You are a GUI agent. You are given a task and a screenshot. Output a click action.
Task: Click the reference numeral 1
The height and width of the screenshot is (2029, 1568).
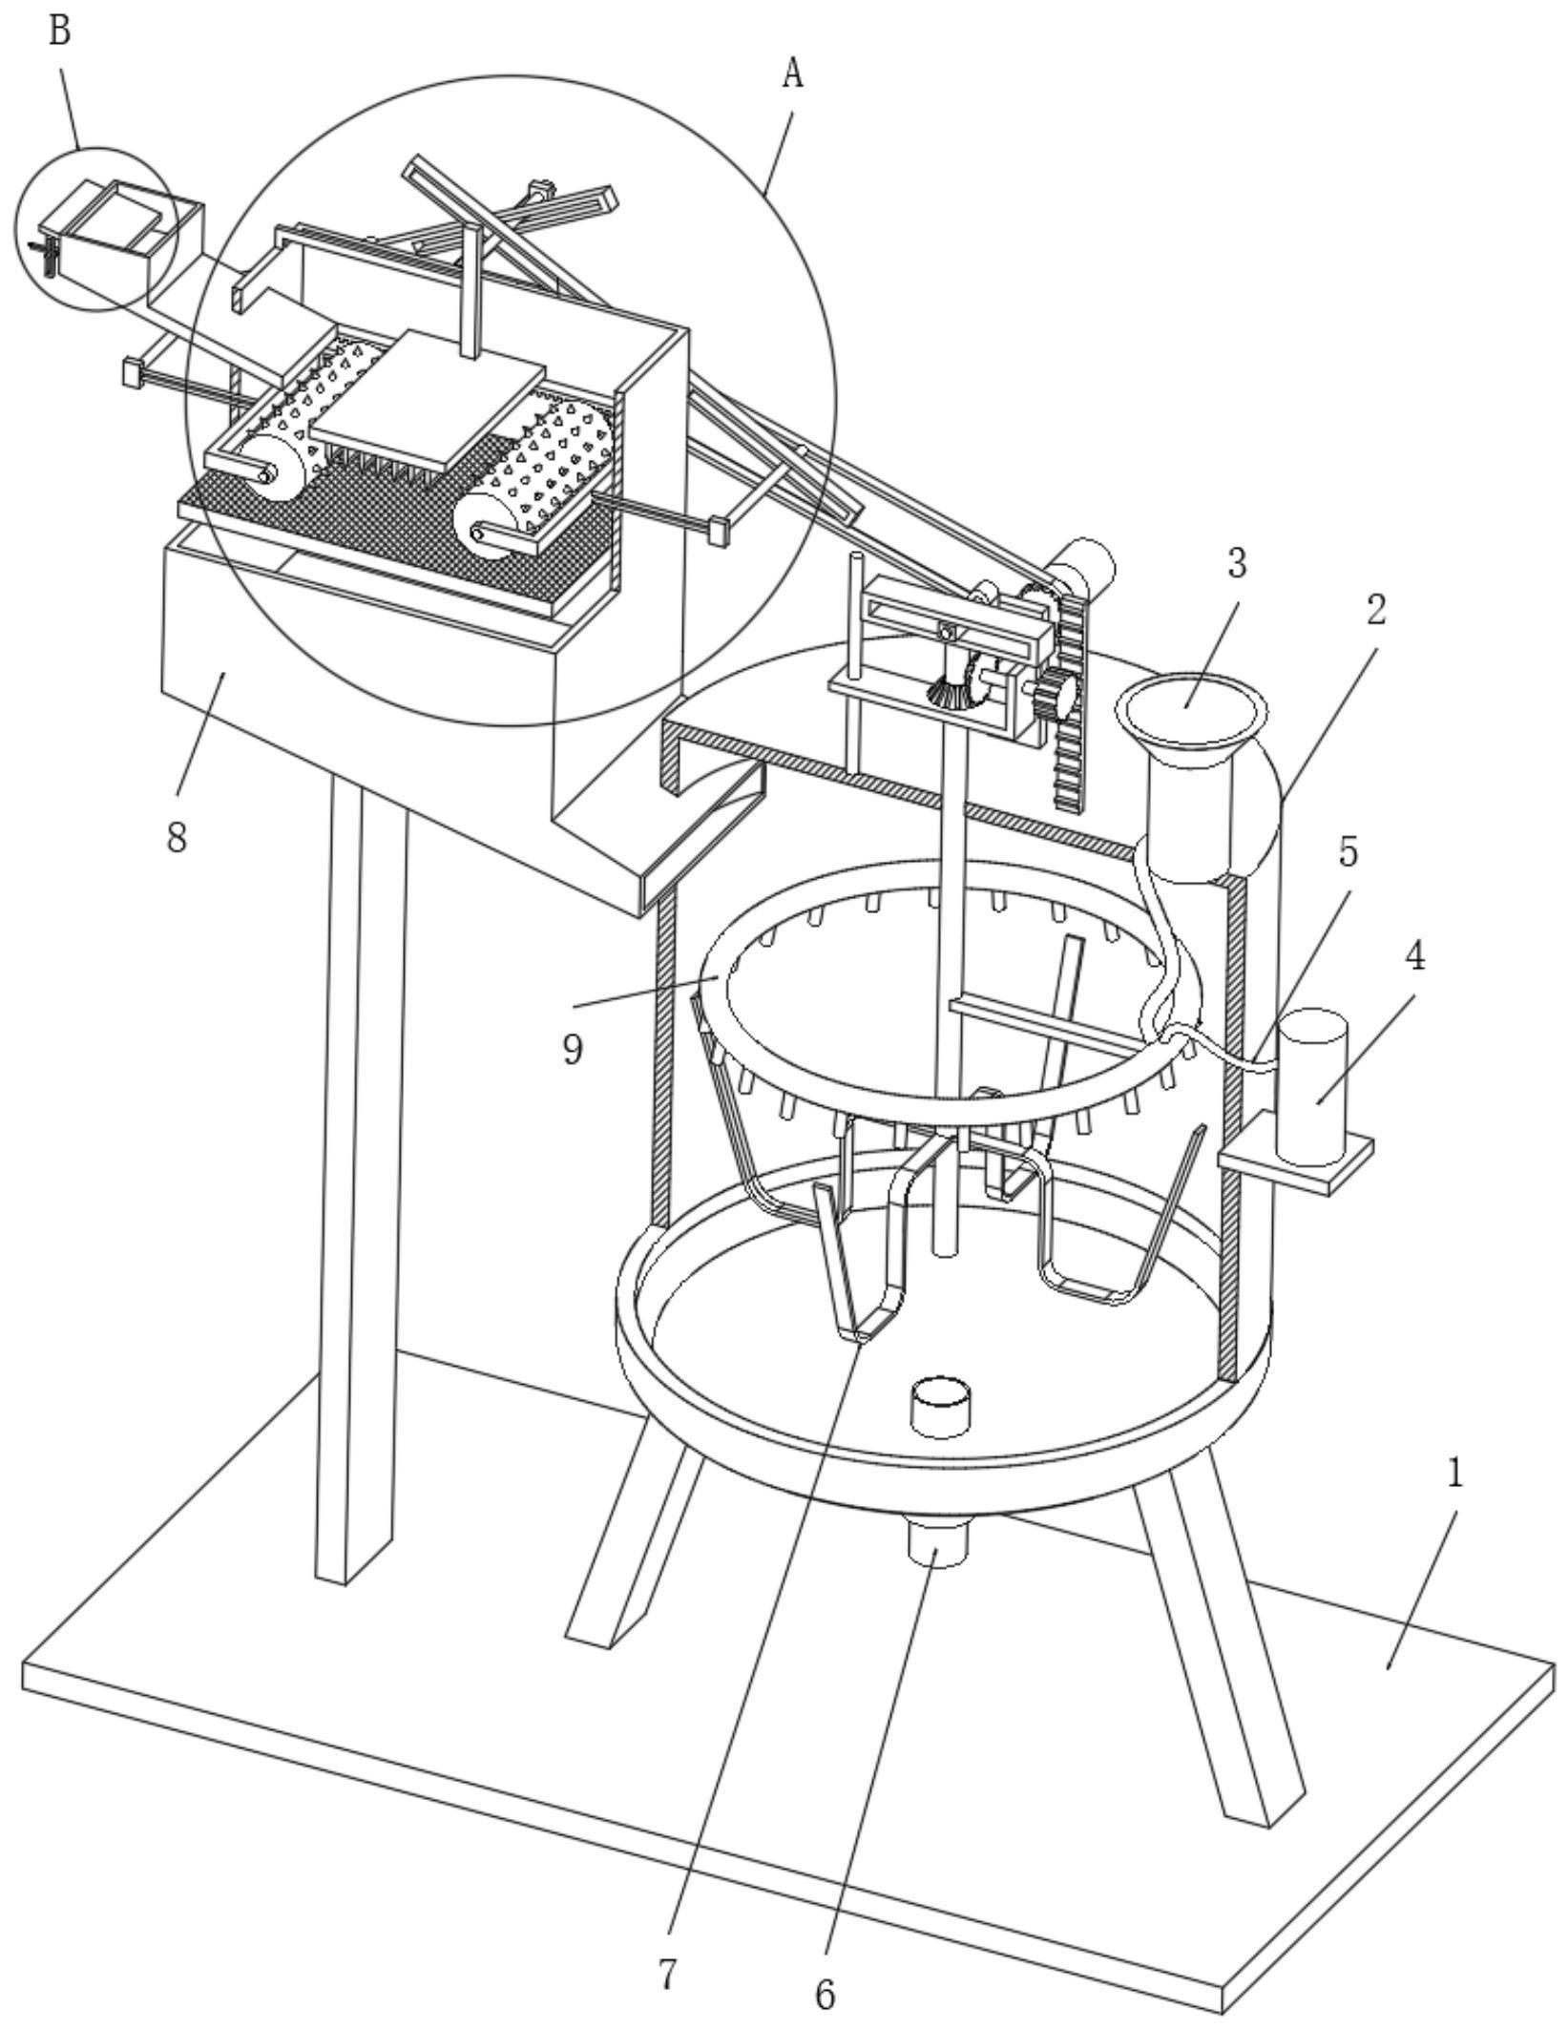coord(1453,1474)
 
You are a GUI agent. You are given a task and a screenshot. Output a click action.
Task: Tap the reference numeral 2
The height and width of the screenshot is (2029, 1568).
coord(1374,609)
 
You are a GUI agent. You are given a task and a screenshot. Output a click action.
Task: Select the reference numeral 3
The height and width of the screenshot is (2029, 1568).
coord(1237,563)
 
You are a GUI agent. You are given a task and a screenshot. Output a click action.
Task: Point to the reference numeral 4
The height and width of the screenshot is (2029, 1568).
coord(1416,954)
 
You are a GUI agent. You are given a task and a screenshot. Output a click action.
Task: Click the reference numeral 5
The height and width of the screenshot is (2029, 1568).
coord(1348,852)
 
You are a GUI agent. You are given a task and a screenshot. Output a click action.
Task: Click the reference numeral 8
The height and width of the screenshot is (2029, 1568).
coord(177,837)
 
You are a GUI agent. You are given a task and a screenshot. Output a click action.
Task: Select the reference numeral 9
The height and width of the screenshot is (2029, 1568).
coord(573,1049)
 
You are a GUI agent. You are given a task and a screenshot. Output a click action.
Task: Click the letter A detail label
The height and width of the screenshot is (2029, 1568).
coord(791,73)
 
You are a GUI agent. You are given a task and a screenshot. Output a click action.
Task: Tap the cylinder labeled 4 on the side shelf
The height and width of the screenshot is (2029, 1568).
coord(1312,1088)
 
